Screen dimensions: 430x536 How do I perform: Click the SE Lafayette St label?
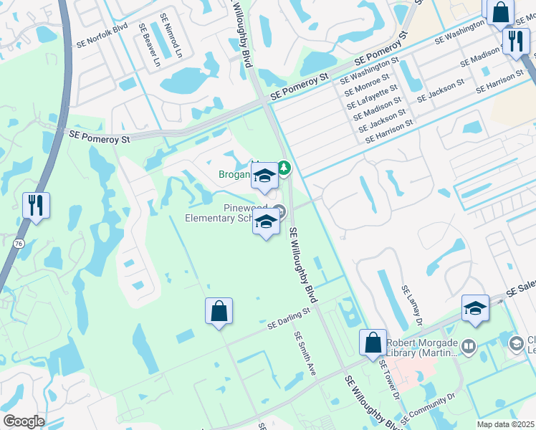(x=372, y=97)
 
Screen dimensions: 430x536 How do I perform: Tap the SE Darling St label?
(x=288, y=318)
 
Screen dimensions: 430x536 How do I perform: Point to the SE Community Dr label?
(x=429, y=407)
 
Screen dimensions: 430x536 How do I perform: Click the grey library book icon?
(x=469, y=347)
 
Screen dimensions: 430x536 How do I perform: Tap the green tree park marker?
(x=284, y=168)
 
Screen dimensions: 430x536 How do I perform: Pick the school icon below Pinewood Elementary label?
(x=265, y=222)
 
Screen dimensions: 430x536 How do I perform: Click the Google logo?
(x=24, y=422)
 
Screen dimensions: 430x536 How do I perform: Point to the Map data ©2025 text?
(x=505, y=424)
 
